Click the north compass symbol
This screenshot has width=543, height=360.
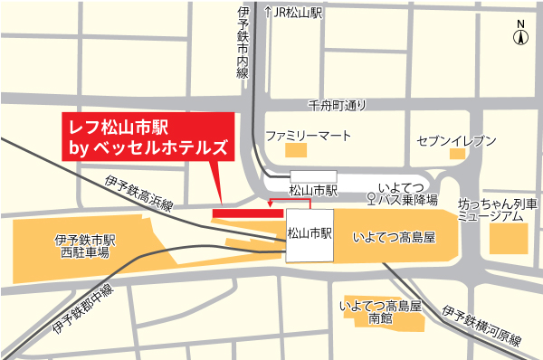[x=520, y=35]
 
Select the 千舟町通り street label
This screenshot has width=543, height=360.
[x=338, y=105]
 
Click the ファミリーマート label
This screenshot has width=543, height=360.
[x=308, y=136]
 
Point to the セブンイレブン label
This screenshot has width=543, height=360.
[x=457, y=141]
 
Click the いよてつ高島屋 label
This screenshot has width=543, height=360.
[x=394, y=238]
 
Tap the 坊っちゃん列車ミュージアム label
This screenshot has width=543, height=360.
[x=497, y=211]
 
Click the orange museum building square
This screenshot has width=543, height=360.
[x=508, y=238]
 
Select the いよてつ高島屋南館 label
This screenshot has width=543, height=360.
[x=380, y=312]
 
